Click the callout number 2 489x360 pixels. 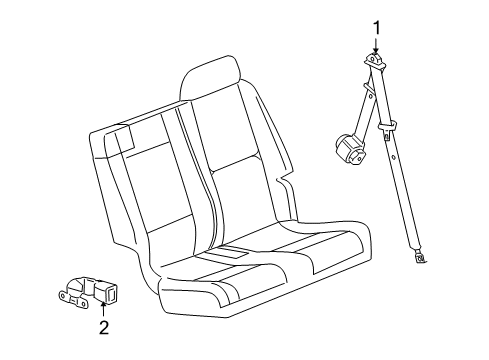pos(103,326)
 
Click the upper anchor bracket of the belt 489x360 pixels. pos(375,67)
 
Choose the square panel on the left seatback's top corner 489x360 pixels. pos(124,138)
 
